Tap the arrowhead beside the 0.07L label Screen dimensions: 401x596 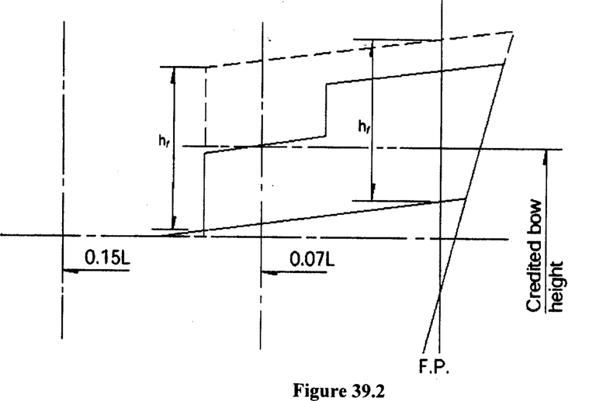pyautogui.click(x=267, y=271)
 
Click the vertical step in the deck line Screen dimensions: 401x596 pyautogui.click(x=326, y=110)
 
